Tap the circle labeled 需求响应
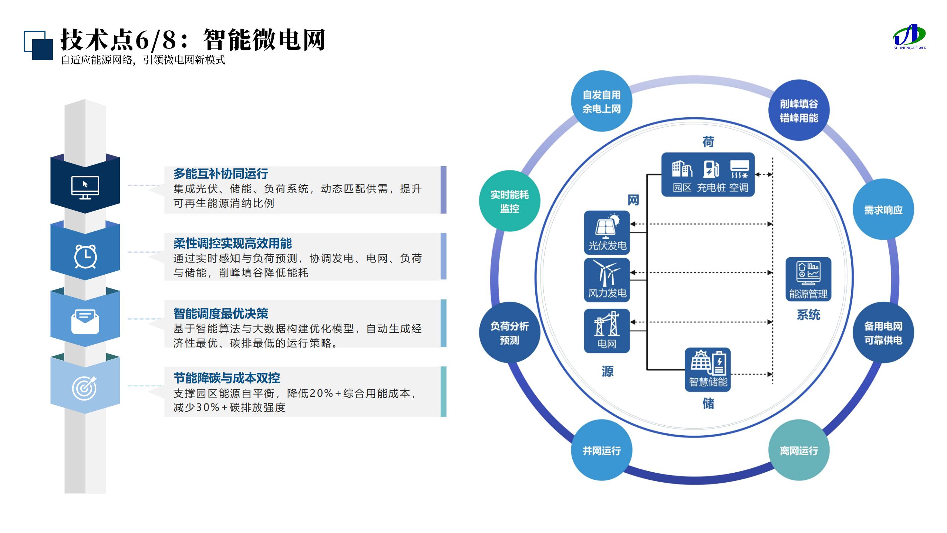pos(883,210)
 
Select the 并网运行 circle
pos(601,450)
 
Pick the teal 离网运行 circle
pos(799,450)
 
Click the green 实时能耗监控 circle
pos(509,201)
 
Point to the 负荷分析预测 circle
pos(509,333)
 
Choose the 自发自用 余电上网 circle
pos(601,101)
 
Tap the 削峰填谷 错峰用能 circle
pos(799,110)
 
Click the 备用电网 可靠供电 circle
pos(883,333)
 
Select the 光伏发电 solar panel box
pos(607,233)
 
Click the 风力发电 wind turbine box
pos(607,280)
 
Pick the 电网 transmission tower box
pos(607,331)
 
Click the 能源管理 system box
pos(808,279)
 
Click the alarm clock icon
pos(85,256)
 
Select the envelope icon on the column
pos(85,321)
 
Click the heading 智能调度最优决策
pos(220,314)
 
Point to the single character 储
pos(708,403)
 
